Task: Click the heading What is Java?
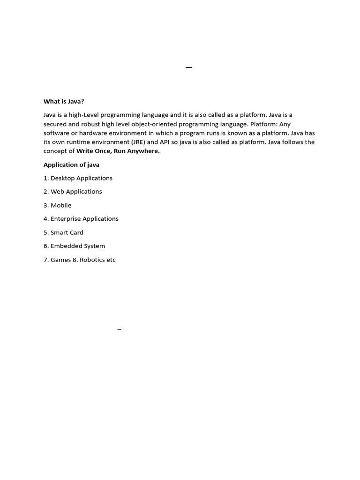(x=64, y=101)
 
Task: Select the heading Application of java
(x=71, y=165)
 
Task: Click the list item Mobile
(x=61, y=205)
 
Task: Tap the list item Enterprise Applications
(x=84, y=219)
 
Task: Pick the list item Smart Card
(x=67, y=232)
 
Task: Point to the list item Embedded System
(x=77, y=246)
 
